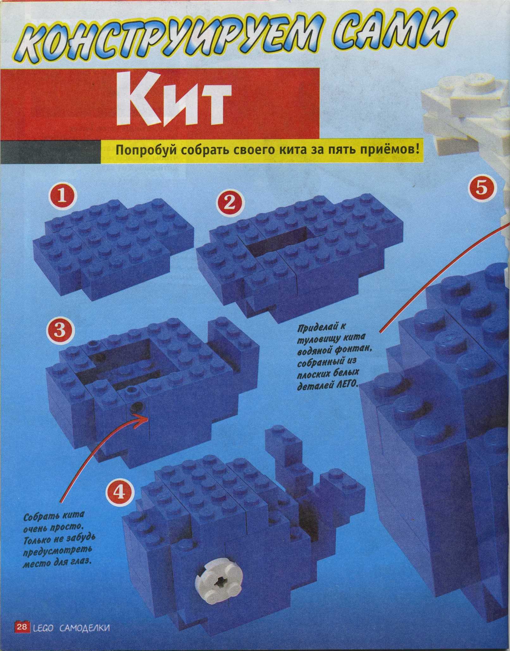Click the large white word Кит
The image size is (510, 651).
point(173,101)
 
